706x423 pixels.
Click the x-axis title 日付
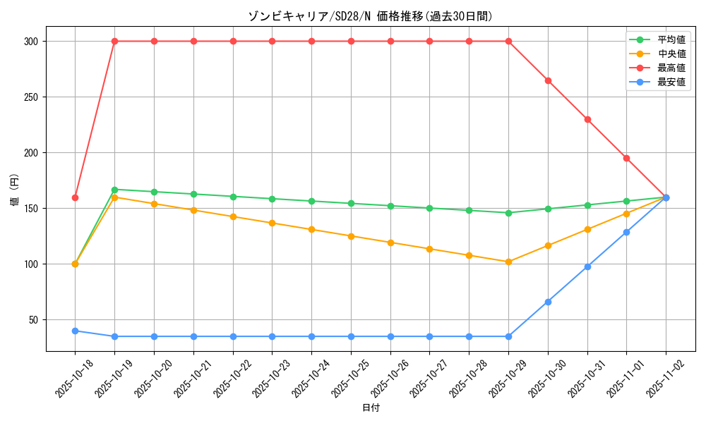click(370, 408)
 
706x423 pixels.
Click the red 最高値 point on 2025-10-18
click(75, 197)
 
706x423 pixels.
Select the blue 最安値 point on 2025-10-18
click(75, 331)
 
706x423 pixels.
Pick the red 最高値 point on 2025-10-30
click(548, 80)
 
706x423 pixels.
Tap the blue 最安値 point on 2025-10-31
click(587, 266)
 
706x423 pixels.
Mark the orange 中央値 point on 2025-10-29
click(508, 262)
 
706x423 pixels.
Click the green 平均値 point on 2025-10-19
click(114, 190)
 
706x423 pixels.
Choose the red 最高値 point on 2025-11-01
click(626, 158)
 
